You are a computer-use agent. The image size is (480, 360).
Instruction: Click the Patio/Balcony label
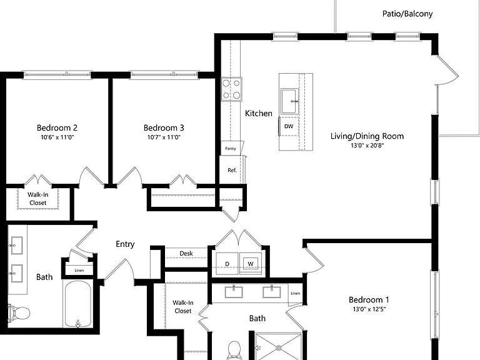407,14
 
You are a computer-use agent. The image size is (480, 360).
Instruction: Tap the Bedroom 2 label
57,127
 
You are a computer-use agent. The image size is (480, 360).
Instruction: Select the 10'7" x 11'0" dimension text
164,137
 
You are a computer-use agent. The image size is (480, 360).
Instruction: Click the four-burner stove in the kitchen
231,89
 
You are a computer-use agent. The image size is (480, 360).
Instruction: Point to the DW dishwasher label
289,126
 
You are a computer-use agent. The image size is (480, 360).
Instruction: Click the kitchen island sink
289,101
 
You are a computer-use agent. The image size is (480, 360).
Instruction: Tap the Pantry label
231,149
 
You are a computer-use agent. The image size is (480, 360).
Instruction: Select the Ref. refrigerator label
232,170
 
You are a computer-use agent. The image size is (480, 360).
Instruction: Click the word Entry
125,244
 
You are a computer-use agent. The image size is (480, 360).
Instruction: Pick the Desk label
186,254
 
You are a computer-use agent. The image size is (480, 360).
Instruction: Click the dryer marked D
227,263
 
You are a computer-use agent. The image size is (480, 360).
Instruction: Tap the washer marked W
251,263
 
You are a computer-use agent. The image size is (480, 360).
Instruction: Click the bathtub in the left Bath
77,304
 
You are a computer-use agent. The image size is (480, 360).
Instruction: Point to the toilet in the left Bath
19,313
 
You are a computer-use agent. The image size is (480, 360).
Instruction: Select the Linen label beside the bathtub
79,270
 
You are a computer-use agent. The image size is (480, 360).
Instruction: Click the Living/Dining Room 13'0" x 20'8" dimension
367,146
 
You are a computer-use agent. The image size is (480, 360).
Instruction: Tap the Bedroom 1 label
369,300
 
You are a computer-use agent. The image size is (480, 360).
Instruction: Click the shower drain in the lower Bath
279,347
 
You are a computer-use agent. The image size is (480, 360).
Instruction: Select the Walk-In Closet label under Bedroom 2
38,199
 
